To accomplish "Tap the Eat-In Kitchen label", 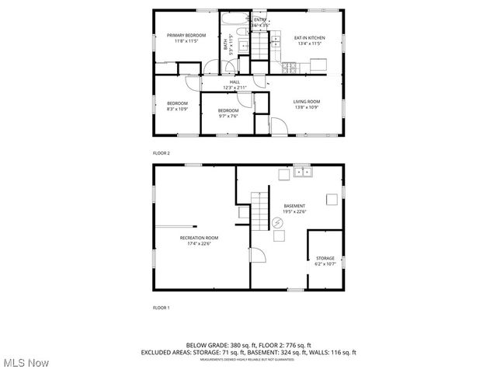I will tap(308, 40).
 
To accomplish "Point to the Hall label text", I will tap(235, 85).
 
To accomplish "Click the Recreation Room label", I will tap(199, 240).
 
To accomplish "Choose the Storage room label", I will tap(325, 261).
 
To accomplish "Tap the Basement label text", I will tap(294, 208).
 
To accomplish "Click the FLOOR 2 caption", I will tap(161, 153).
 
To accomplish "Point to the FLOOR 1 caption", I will tap(161, 308).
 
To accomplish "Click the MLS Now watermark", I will tap(26, 363).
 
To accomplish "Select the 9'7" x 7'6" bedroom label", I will tap(228, 113).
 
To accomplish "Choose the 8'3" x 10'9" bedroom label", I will tap(177, 106).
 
